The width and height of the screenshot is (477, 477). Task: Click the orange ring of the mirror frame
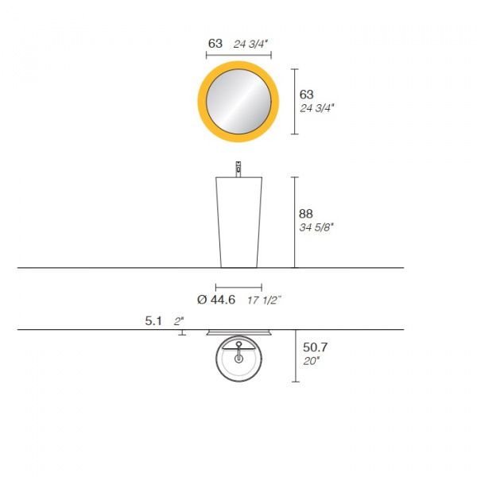pyautogui.click(x=202, y=102)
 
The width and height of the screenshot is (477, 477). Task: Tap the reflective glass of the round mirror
pyautogui.click(x=238, y=102)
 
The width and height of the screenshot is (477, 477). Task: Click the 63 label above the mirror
pyautogui.click(x=215, y=44)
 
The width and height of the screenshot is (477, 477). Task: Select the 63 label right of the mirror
pyautogui.click(x=306, y=95)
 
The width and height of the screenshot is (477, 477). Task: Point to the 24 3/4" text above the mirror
pyautogui.click(x=250, y=44)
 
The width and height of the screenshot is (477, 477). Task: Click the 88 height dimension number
pyautogui.click(x=306, y=214)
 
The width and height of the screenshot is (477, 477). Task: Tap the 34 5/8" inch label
pyautogui.click(x=316, y=227)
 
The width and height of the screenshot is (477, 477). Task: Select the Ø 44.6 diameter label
pyautogui.click(x=216, y=300)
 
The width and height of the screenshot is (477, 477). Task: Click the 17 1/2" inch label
pyautogui.click(x=264, y=301)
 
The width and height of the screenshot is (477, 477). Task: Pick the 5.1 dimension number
pyautogui.click(x=153, y=321)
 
